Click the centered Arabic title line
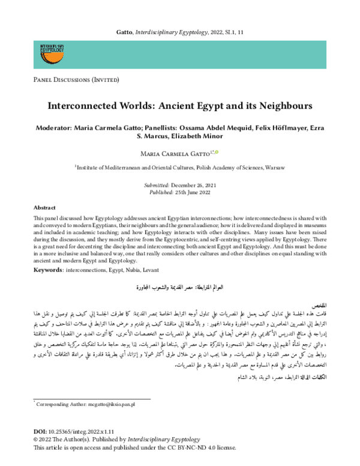click(180, 288)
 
